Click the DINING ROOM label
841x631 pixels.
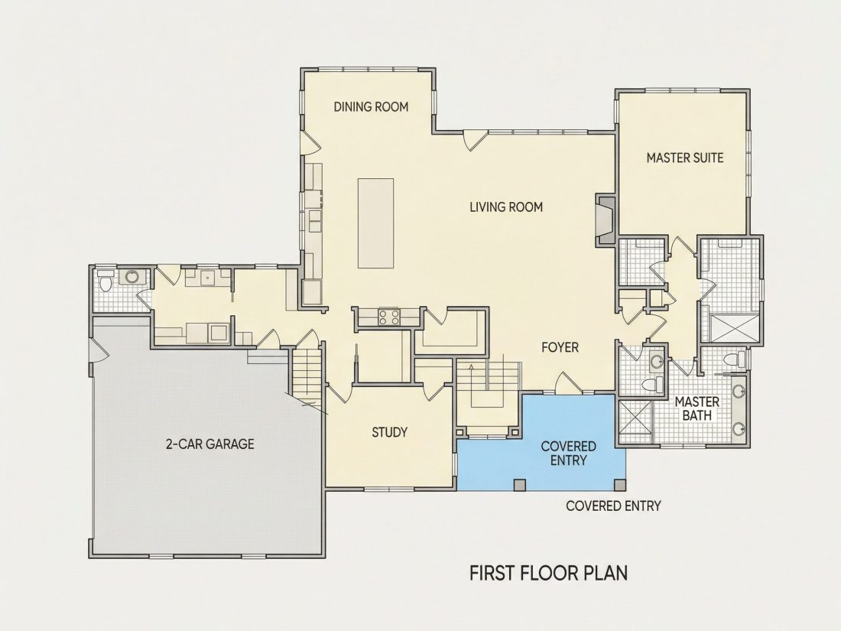pos(371,107)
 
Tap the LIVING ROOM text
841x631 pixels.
pos(506,207)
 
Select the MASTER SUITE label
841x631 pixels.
pos(684,158)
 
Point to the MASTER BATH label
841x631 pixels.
pos(697,408)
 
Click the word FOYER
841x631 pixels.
pos(560,348)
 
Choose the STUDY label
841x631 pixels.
pos(389,432)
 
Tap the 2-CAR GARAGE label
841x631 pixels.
pos(209,444)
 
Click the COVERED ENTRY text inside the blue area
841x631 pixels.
pos(568,454)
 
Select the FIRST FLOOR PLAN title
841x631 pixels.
pos(548,573)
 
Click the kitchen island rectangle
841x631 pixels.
pos(375,223)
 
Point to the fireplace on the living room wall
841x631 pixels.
pos(606,220)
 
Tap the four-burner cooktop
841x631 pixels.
pos(389,317)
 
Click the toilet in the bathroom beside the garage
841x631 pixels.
pos(105,281)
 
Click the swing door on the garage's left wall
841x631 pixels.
pos(99,353)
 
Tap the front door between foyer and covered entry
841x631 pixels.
pos(567,382)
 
